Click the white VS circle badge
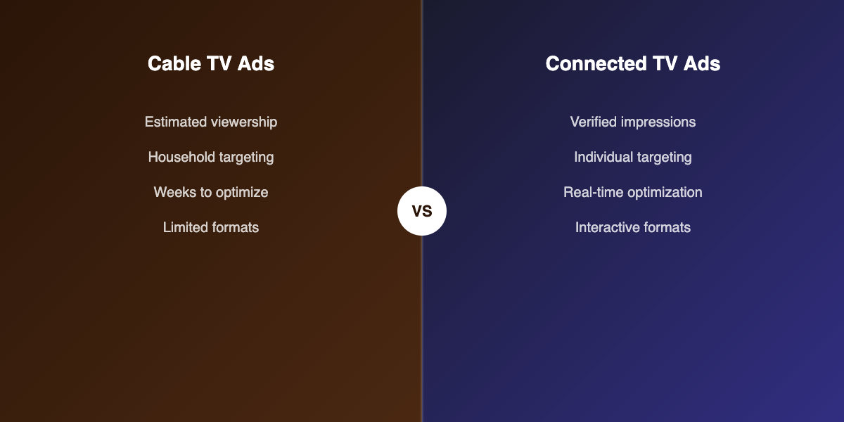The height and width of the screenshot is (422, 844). point(422,211)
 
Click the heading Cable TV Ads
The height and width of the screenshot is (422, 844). point(211,64)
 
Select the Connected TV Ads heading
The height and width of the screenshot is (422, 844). point(633,64)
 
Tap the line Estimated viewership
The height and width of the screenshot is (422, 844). point(211,122)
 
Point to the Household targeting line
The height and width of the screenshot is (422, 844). point(211,158)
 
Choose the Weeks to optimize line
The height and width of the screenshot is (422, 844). point(211,193)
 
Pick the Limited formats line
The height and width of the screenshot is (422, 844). point(211,228)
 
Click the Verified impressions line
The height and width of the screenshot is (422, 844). point(633,122)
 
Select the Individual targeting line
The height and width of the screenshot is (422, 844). point(633,158)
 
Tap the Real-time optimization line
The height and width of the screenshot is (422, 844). point(633,193)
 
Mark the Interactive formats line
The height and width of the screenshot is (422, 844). point(633,228)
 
